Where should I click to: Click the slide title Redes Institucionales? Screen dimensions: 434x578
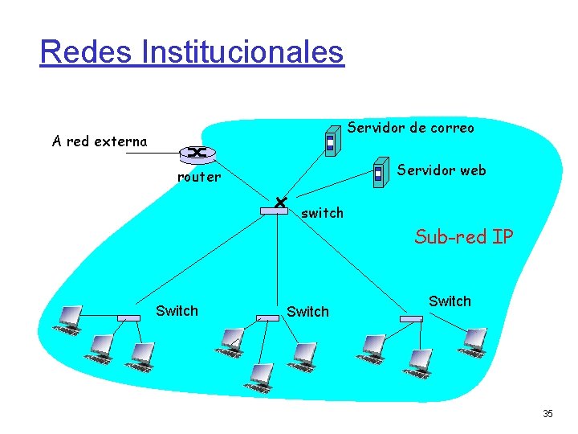192,52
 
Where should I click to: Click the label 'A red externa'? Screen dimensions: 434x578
100,142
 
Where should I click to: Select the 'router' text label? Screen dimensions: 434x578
198,178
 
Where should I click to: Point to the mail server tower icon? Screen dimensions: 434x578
329,142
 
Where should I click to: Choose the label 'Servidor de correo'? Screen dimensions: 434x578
410,128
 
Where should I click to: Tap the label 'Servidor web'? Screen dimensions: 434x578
442,170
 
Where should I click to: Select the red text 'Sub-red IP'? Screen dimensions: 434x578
463,236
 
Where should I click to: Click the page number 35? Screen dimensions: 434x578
547,414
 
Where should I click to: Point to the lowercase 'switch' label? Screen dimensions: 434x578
322,213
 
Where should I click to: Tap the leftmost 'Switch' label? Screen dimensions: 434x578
177,311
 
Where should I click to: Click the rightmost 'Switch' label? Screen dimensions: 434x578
450,301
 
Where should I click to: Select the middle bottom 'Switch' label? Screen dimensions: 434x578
307,312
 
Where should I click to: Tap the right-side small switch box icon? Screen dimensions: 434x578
411,318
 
